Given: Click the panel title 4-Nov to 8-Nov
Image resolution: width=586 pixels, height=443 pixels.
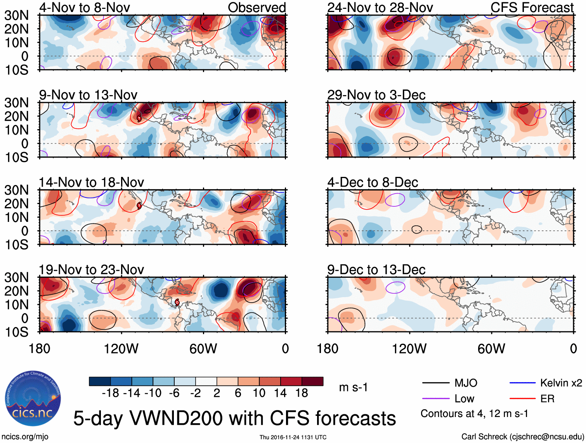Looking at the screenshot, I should click(84, 7).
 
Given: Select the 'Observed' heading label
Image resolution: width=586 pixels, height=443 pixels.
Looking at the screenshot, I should click(257, 7).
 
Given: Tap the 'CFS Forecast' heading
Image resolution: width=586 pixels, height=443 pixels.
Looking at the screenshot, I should click(532, 7).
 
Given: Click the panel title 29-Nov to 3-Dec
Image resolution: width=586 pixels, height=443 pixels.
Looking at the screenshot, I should click(376, 95).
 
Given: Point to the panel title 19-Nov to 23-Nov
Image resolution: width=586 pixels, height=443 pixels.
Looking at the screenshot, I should click(91, 270).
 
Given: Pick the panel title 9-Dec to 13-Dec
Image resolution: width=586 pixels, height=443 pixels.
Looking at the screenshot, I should click(376, 270).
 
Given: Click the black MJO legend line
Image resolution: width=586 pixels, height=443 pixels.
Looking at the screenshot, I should click(435, 383).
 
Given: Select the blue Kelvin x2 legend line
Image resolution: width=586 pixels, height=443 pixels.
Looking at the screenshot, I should click(522, 383).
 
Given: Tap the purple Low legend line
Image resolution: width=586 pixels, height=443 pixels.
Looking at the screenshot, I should click(435, 399).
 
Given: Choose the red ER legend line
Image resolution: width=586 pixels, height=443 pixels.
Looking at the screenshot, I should click(522, 399).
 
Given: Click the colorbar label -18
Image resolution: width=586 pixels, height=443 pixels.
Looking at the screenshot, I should click(111, 393).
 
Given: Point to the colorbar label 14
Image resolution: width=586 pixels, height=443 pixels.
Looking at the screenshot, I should click(280, 393).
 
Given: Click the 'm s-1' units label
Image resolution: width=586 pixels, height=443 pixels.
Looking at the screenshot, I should click(353, 388).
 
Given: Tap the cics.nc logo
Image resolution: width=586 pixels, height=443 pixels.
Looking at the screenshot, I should click(33, 399).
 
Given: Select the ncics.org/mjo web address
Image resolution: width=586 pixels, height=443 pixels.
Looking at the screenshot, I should click(24, 437).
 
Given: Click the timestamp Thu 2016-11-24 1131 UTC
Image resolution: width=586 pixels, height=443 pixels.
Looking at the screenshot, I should click(293, 437).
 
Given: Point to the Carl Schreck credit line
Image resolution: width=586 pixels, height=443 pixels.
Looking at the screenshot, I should click(522, 437).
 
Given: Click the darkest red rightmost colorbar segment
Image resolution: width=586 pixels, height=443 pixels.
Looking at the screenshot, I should click(312, 381).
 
